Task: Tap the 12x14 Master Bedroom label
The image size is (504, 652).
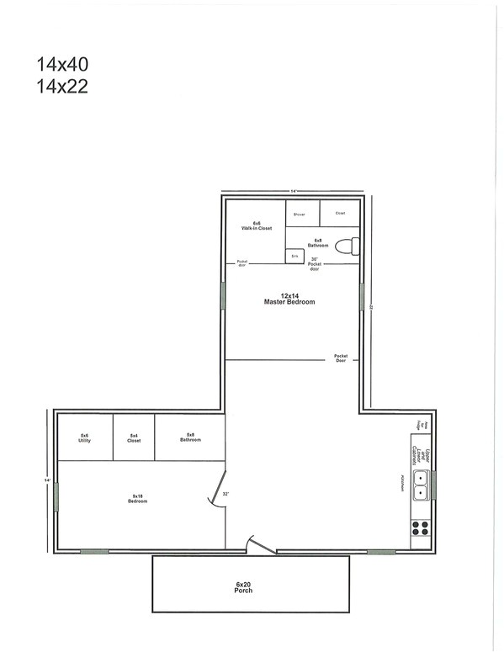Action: (289, 299)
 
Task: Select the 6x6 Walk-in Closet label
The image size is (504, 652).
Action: (257, 225)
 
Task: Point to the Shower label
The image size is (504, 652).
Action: (299, 214)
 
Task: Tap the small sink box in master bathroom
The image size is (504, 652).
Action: (294, 255)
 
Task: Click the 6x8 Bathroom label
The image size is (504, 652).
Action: (318, 242)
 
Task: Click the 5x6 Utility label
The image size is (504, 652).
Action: (84, 438)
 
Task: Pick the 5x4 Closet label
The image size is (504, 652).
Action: (134, 437)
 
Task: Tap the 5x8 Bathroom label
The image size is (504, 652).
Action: (190, 437)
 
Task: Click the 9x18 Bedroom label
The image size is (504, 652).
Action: (136, 497)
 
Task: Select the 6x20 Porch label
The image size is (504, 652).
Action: (244, 586)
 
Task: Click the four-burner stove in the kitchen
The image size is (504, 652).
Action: (420, 529)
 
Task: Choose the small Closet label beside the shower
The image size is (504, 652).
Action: (340, 214)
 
